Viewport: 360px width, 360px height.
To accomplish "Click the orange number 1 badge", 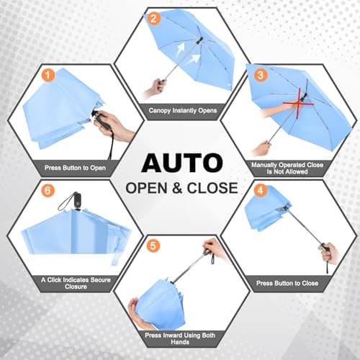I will pyautogui.click(x=48, y=75).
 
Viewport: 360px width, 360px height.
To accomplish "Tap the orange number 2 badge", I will pyautogui.click(x=153, y=19).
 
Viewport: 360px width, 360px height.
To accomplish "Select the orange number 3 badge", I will pyautogui.click(x=260, y=75).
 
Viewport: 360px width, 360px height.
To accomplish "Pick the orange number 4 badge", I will pyautogui.click(x=261, y=192).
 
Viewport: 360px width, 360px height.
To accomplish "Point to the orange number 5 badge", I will pyautogui.click(x=153, y=246).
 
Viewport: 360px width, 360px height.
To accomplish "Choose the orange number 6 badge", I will pyautogui.click(x=48, y=192).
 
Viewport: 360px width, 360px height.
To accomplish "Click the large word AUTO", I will pyautogui.click(x=180, y=162).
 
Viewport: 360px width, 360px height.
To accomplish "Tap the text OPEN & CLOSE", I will pyautogui.click(x=180, y=189).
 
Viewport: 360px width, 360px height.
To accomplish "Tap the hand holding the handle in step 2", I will pyautogui.click(x=154, y=89).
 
